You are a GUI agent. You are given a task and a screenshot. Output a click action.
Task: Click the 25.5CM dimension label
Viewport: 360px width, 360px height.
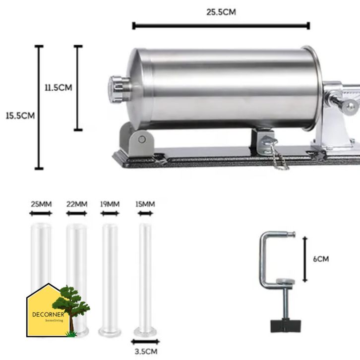tap(221, 12)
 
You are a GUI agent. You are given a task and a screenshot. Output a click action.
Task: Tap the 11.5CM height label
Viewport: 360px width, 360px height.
tap(59, 88)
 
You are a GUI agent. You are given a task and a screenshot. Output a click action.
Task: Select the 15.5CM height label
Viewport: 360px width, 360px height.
tap(20, 116)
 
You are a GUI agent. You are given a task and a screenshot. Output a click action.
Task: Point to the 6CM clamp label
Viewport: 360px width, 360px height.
tap(321, 259)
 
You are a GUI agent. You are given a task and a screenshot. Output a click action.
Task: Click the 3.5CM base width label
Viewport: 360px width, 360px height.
tap(146, 352)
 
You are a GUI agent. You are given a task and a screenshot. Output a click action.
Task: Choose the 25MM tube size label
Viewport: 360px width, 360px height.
tap(41, 204)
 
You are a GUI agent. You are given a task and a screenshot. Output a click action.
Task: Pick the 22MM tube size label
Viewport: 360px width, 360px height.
tap(77, 204)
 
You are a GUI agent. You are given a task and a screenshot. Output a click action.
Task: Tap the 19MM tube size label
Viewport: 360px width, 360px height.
tap(110, 204)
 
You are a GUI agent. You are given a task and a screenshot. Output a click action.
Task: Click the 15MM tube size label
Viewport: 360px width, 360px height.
tap(145, 204)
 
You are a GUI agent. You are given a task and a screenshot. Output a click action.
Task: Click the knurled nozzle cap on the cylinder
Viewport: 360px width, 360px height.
tap(118, 89)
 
